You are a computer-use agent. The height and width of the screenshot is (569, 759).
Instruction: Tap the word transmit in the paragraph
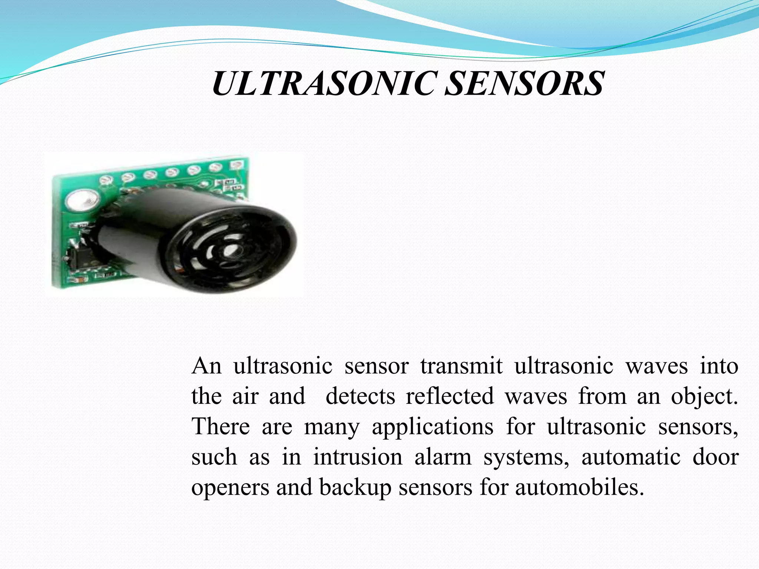[x=461, y=366]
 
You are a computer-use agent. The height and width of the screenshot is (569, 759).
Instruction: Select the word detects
[x=360, y=396]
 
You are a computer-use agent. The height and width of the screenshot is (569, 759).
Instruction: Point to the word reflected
[x=450, y=396]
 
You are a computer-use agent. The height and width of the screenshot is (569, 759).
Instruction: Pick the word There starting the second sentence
[x=221, y=426]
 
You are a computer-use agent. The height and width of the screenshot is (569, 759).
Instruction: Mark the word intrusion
[x=358, y=457]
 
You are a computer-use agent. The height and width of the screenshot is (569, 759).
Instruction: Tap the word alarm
[x=443, y=457]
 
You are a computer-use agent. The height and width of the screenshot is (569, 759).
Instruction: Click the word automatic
[x=631, y=457]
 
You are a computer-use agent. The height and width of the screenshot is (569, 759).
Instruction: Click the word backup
[x=355, y=488]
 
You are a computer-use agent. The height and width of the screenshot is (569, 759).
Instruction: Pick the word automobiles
[x=579, y=488]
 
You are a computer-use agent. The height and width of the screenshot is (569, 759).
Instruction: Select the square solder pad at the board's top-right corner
[x=236, y=164]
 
